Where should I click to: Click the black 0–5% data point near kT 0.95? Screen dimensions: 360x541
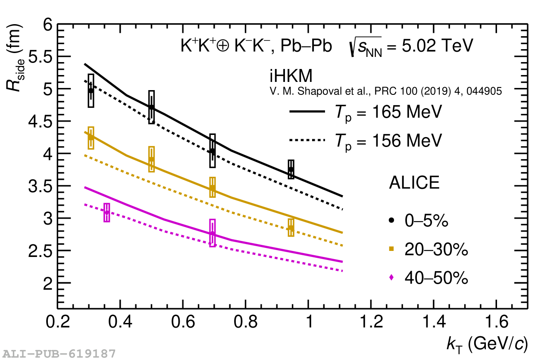pos(291,169)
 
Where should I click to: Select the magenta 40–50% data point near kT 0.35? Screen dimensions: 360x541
pos(107,212)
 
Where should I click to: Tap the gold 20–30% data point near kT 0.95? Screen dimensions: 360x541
pos(291,228)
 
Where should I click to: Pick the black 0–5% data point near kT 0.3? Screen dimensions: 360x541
pos(91,91)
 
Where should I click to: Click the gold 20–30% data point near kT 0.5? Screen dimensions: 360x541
pos(151,159)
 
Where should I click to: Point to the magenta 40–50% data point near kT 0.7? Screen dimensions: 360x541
pos(212,233)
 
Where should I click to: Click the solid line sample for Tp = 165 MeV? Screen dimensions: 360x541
pos(307,112)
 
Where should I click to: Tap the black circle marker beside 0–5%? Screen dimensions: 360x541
pos(391,220)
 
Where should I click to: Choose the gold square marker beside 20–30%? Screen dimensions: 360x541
pos(391,248)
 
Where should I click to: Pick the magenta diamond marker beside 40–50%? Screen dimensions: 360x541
pos(391,278)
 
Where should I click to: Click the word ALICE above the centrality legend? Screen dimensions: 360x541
pos(414,183)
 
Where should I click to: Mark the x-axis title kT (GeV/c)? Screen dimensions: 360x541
pos(487,344)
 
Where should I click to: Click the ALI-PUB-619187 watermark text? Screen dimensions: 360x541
pos(58,354)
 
